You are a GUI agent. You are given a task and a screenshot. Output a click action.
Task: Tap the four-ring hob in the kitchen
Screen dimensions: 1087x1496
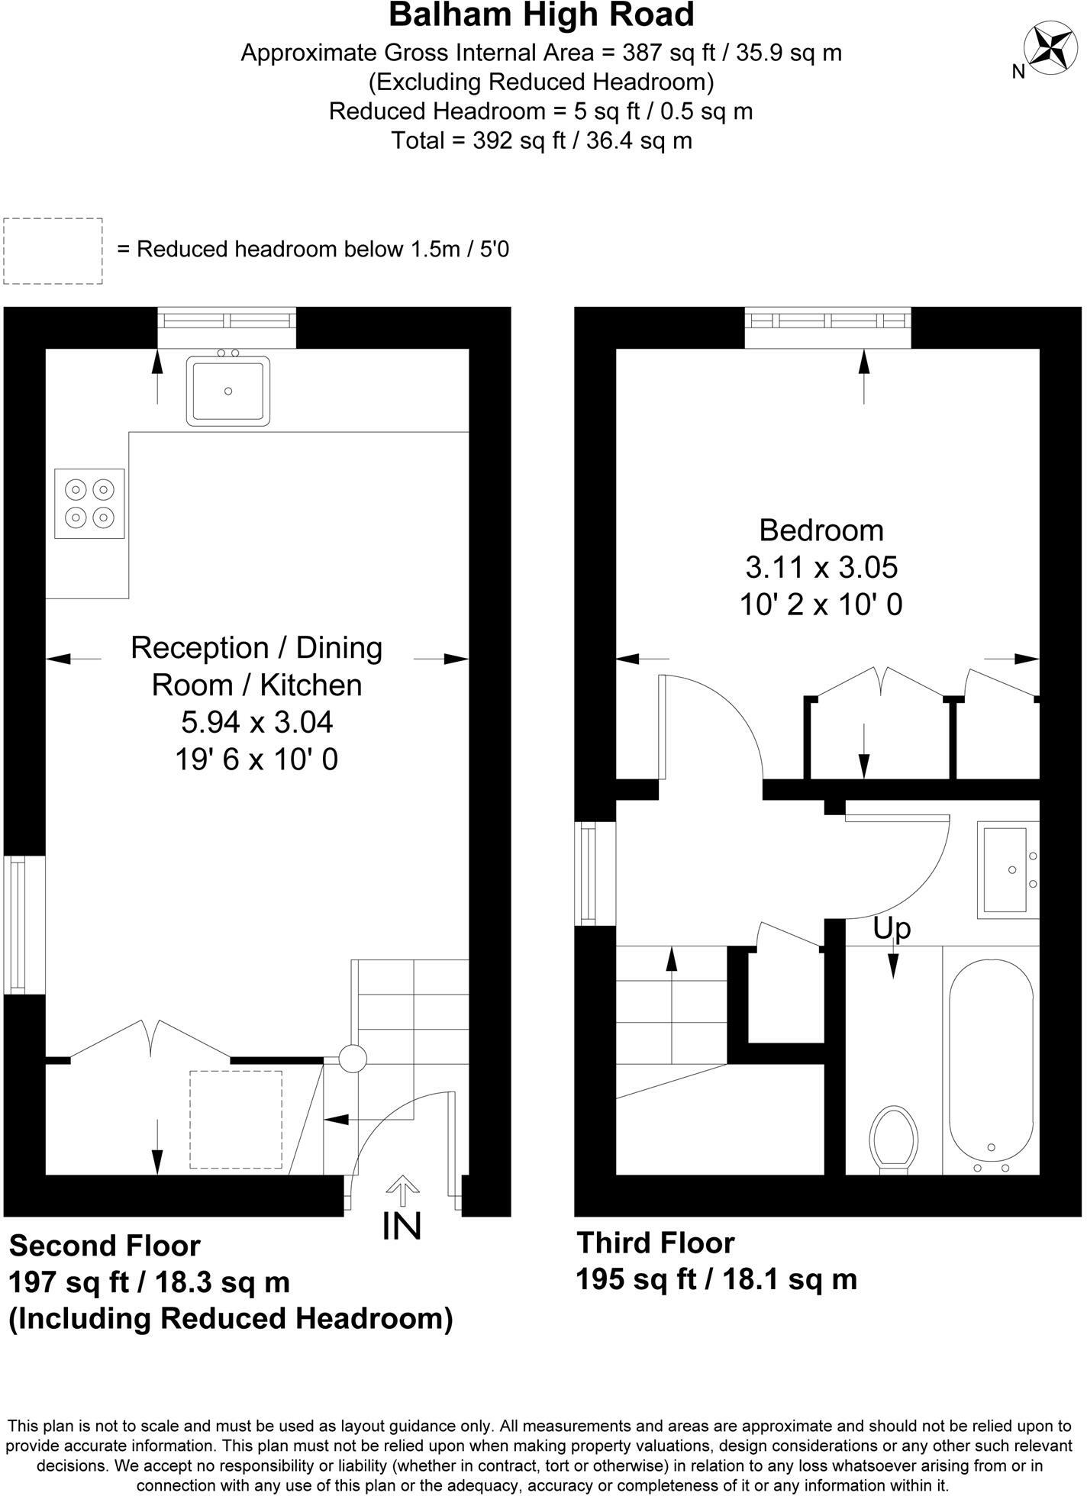pyautogui.click(x=89, y=503)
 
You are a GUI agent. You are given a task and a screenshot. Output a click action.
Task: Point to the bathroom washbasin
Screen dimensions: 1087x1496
pyautogui.click(x=1008, y=869)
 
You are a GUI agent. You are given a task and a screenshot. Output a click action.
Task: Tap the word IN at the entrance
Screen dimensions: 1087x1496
pyautogui.click(x=402, y=1227)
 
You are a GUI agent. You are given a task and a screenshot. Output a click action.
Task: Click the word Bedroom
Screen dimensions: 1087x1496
pyautogui.click(x=821, y=530)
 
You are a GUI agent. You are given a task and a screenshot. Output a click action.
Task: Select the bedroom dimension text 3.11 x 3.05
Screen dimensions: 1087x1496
pyautogui.click(x=821, y=567)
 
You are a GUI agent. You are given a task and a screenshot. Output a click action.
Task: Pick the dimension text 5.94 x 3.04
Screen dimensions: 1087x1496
pyautogui.click(x=257, y=721)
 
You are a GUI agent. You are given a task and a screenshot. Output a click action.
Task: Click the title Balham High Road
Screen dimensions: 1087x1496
pyautogui.click(x=542, y=15)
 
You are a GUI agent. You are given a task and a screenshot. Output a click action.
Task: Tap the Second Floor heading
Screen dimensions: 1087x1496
pyautogui.click(x=105, y=1246)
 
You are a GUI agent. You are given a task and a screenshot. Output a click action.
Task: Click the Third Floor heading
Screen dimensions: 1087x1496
pyautogui.click(x=656, y=1243)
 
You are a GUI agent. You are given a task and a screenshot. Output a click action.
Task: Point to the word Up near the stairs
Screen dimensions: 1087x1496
pyautogui.click(x=892, y=929)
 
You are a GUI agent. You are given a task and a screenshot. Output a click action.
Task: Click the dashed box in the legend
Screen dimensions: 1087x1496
pyautogui.click(x=53, y=251)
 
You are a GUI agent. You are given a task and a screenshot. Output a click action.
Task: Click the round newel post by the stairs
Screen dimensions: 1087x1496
pyautogui.click(x=353, y=1059)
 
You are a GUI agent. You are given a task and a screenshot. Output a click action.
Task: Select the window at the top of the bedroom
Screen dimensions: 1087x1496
pyautogui.click(x=828, y=318)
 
